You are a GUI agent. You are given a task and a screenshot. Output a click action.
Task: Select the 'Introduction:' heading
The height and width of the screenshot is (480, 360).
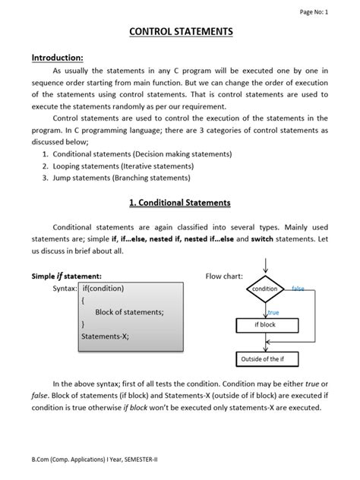[x=58, y=58]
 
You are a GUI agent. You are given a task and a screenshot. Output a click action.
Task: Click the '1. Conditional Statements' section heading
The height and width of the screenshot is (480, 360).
[x=179, y=203]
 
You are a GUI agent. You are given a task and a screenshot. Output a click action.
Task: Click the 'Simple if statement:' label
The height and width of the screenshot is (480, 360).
[x=66, y=276]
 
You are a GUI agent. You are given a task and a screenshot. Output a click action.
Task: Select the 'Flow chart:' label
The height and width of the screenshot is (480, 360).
[x=224, y=276]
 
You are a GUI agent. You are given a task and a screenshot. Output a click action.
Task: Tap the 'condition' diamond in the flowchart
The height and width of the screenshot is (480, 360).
[x=265, y=289]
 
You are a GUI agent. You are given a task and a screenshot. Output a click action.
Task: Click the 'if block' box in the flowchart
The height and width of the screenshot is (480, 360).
[x=265, y=324]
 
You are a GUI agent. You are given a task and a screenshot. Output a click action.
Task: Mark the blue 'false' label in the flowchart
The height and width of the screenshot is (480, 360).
[x=298, y=289]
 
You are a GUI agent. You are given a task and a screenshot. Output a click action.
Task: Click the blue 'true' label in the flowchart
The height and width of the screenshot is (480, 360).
[x=273, y=311]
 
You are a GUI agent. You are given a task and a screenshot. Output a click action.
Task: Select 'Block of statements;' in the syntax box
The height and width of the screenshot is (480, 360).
[x=129, y=311]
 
